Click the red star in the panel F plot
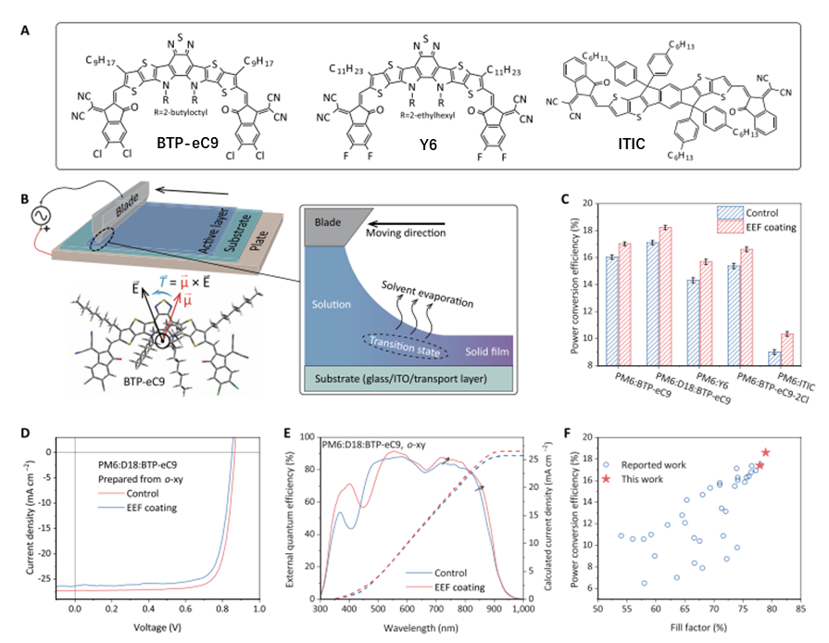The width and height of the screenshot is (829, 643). click(x=765, y=452)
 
